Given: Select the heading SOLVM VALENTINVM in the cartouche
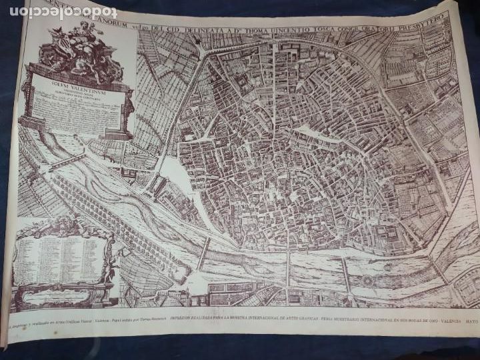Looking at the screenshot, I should point(73,85).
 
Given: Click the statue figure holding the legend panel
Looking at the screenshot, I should point(110,267).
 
